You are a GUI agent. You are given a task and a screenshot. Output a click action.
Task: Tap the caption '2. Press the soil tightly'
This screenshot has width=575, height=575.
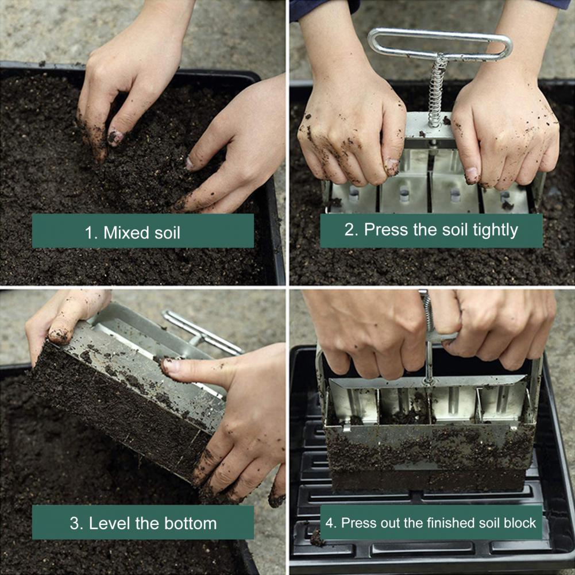[431, 230]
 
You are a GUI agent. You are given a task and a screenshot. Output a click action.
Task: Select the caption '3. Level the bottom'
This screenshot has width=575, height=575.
[142, 523]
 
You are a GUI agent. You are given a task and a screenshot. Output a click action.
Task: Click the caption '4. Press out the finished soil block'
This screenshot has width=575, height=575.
[431, 523]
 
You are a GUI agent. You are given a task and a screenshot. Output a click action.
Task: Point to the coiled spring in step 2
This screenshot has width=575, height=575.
[437, 92]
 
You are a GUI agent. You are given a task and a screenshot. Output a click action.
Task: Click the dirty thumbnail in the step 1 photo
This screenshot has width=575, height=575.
[115, 137]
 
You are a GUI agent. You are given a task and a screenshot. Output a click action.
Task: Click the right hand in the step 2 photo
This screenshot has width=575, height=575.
[505, 129]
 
